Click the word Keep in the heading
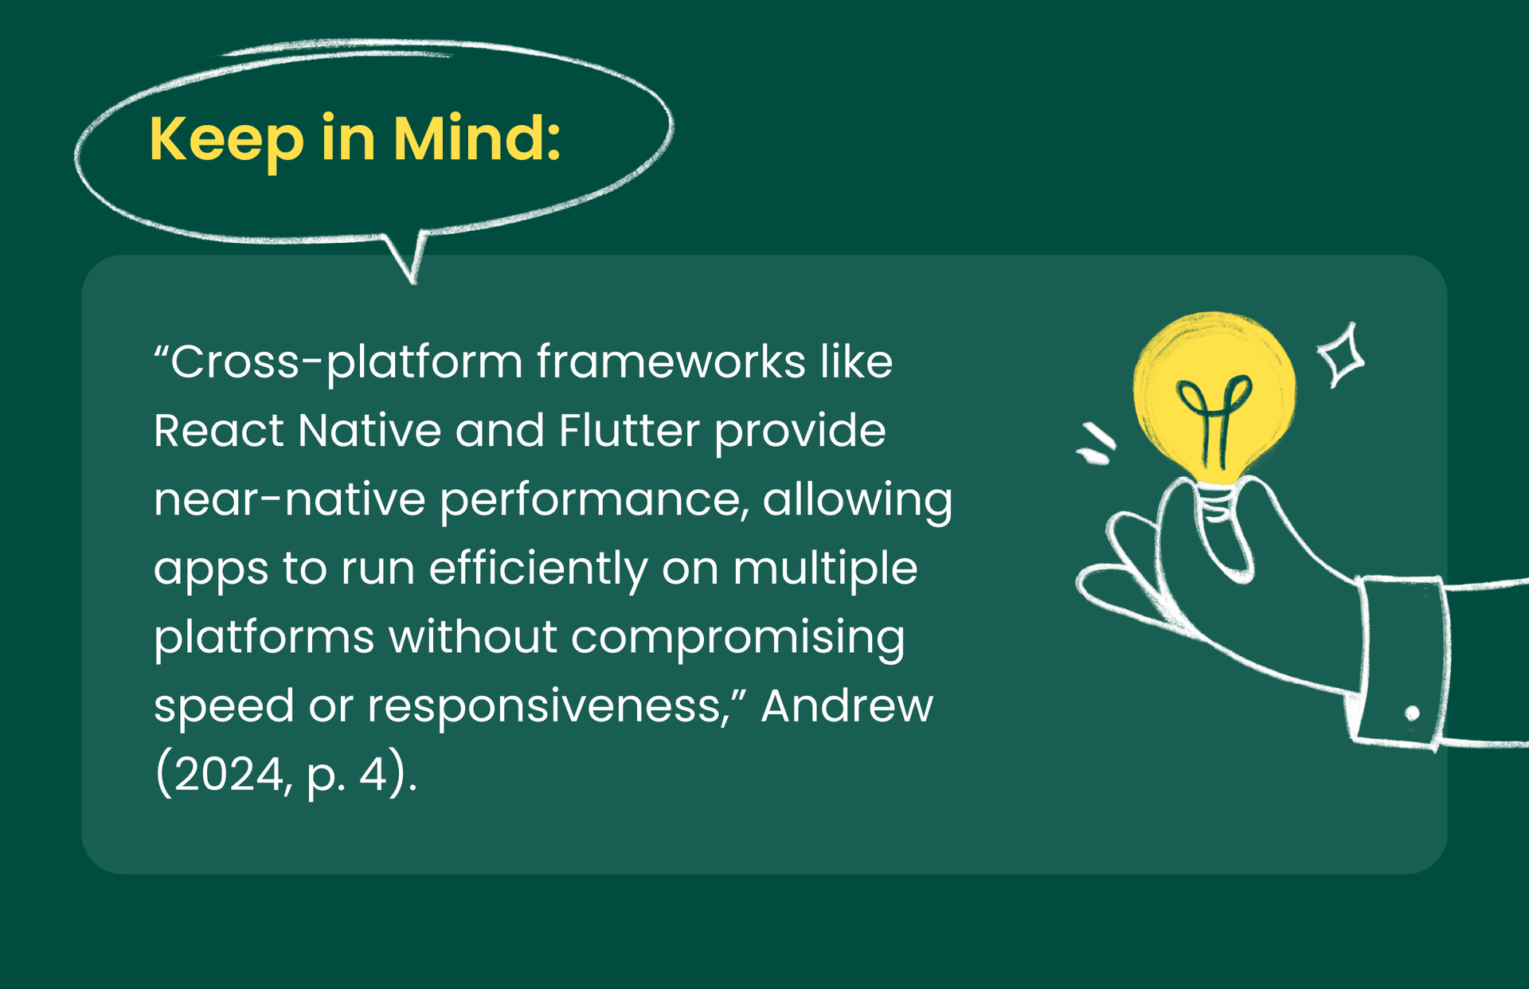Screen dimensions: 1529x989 tap(227, 140)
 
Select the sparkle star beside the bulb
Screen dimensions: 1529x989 tap(1341, 355)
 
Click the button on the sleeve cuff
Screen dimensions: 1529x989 tap(1412, 713)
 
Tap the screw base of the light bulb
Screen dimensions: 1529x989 tap(1215, 502)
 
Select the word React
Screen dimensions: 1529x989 tap(218, 431)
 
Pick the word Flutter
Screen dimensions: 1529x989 tap(629, 431)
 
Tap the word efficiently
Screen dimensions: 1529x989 tap(538, 569)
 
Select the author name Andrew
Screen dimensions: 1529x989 tap(847, 706)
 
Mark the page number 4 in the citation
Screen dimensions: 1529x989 tap(373, 775)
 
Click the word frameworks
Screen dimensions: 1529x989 tap(671, 362)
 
